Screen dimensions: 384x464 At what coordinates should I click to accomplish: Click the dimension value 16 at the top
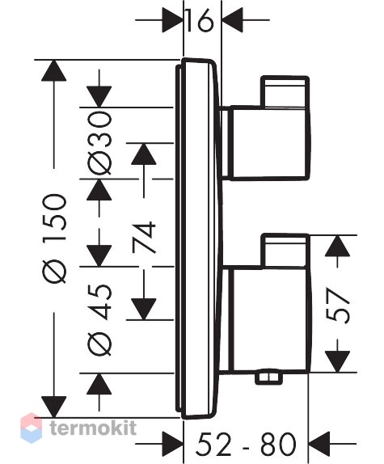pos(200,20)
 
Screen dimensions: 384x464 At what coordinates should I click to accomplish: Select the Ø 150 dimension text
pos(54,238)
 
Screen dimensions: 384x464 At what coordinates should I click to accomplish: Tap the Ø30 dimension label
pos(99,143)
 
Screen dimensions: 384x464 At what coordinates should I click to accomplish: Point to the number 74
pos(144,238)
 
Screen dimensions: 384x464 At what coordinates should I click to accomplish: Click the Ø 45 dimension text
pos(99,319)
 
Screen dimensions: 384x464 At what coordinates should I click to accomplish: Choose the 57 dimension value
pos(338,306)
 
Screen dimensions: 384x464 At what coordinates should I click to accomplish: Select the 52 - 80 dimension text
pos(246,444)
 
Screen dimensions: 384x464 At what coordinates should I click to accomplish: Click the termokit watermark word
pos(93,428)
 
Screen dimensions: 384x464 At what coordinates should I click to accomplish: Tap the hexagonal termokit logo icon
pos(31,428)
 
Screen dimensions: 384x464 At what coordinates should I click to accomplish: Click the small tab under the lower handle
pos(268,378)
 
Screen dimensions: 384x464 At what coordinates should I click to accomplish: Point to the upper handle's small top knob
pos(285,91)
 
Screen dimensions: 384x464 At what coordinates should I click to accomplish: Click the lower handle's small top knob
pos(285,251)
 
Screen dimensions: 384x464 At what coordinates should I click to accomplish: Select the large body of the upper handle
pos(270,143)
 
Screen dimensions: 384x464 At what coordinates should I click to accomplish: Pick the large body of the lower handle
pos(270,319)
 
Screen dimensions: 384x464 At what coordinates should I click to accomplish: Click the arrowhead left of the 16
pos(172,20)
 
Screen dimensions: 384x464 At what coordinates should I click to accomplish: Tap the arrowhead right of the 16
pos(233,20)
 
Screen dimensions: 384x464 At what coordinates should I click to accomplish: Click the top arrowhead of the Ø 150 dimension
pos(54,70)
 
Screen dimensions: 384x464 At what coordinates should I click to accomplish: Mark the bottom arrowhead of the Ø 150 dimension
pos(54,407)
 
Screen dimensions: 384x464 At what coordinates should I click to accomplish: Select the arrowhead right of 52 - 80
pos(319,444)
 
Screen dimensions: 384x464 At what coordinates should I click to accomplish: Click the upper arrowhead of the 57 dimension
pos(337,246)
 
